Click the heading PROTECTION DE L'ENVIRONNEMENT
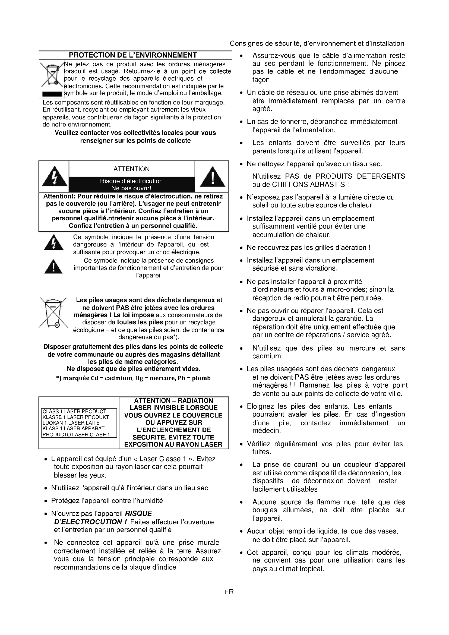pyautogui.click(x=133, y=55)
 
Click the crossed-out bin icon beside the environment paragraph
pyautogui.click(x=51, y=75)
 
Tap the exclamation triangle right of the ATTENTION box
pyautogui.click(x=212, y=177)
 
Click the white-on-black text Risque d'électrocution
pyautogui.click(x=131, y=181)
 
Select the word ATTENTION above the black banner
pyautogui.click(x=131, y=169)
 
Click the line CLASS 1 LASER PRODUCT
pyautogui.click(x=74, y=411)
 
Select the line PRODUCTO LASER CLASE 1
pyautogui.click(x=76, y=434)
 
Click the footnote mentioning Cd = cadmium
pyautogui.click(x=133, y=378)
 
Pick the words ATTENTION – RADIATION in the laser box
pyautogui.click(x=174, y=400)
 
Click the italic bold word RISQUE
pyautogui.click(x=138, y=514)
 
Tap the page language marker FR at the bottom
pyautogui.click(x=229, y=592)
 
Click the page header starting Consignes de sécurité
pyautogui.click(x=317, y=43)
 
